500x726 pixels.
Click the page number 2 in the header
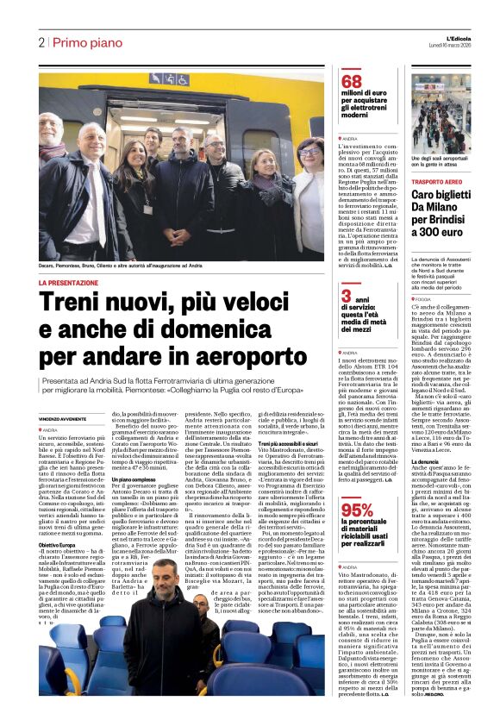pyautogui.click(x=41, y=42)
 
